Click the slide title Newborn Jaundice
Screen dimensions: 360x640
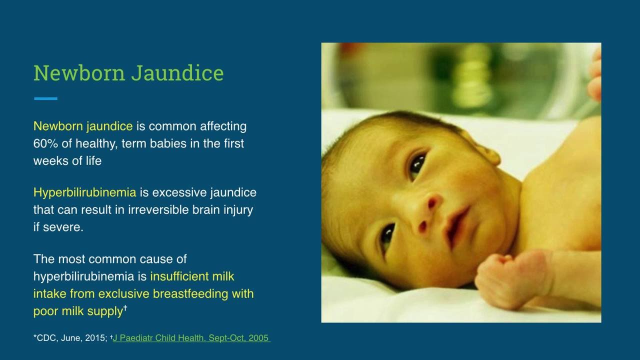click(128, 73)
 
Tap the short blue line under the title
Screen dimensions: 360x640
click(45, 98)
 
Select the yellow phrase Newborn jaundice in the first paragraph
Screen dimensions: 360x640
click(83, 126)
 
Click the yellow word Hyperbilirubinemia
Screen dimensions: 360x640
click(84, 192)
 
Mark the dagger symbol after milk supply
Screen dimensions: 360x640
click(125, 308)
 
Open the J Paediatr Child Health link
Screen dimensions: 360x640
click(191, 338)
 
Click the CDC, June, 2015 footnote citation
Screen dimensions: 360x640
click(70, 338)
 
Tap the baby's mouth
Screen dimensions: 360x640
click(456, 225)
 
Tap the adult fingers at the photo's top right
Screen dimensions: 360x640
click(594, 75)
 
